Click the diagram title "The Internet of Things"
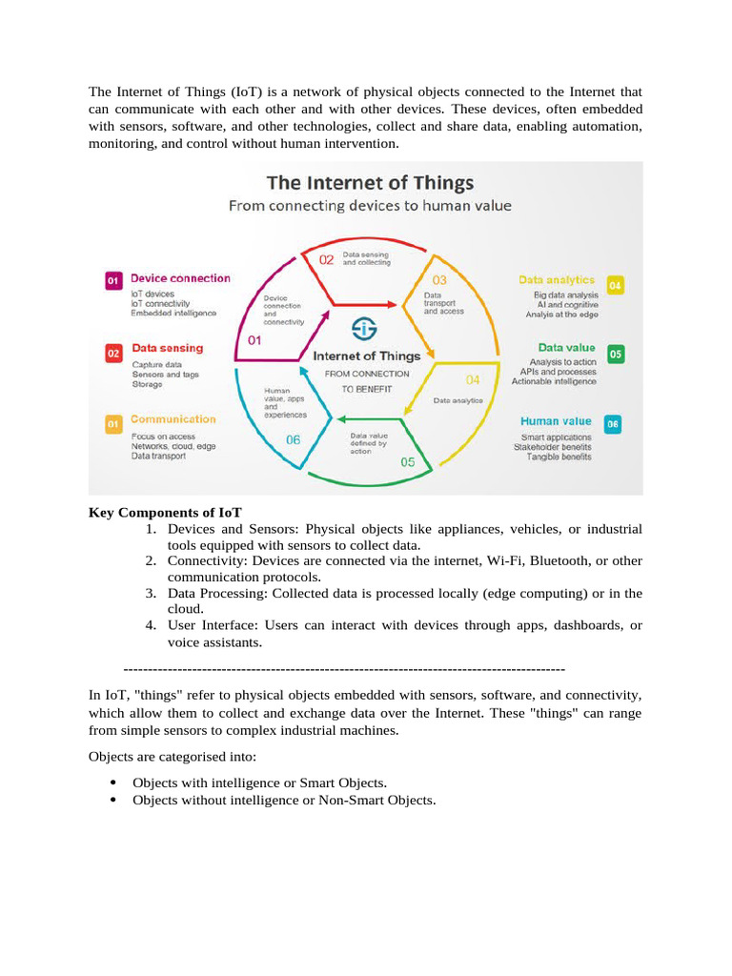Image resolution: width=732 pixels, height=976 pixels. (369, 182)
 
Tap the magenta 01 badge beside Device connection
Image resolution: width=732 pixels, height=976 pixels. (112, 280)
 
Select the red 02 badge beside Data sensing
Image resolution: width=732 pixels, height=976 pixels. (112, 354)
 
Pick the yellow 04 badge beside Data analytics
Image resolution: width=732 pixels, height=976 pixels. (615, 285)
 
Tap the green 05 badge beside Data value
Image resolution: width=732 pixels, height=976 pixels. (615, 354)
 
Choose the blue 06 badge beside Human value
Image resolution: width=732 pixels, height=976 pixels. (613, 425)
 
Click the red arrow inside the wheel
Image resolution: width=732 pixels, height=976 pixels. (366, 305)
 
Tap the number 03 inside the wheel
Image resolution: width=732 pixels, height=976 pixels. (439, 280)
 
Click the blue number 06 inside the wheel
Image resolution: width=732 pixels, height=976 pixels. (293, 439)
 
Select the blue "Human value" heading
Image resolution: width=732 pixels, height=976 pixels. (556, 421)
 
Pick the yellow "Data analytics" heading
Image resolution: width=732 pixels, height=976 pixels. (557, 280)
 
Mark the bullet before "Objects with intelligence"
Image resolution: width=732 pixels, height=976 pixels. (114, 782)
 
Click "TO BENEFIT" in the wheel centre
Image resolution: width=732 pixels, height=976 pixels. (367, 389)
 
